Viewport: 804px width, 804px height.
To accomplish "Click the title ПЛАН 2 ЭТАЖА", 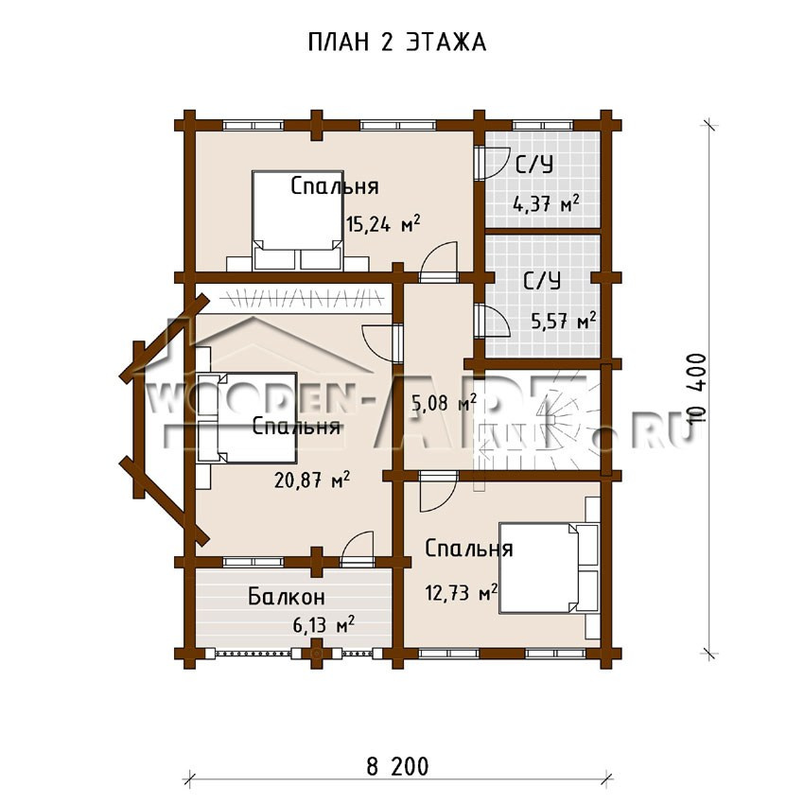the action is click(x=397, y=43).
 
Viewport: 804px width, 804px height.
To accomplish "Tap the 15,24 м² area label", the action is click(x=383, y=223).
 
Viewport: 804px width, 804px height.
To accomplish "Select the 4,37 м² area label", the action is click(x=547, y=203).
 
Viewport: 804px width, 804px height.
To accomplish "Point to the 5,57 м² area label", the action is click(x=564, y=321).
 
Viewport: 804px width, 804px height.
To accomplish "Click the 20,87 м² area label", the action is click(x=312, y=480).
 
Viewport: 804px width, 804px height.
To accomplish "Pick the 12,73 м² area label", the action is click(x=462, y=592).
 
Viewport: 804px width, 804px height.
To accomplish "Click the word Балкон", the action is click(x=286, y=596).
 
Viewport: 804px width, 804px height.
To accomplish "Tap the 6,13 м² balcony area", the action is click(x=323, y=624).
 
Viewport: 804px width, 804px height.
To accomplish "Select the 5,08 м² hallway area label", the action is click(x=444, y=403).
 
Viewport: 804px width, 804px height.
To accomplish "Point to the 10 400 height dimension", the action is click(x=698, y=388).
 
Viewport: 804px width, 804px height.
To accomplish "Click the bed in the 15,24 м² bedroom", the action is click(x=297, y=220).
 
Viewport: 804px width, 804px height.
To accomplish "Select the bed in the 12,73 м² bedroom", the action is click(x=550, y=568).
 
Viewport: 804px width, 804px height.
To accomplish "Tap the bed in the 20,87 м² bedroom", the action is click(x=247, y=417).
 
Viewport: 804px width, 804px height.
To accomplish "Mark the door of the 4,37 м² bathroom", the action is click(x=491, y=163).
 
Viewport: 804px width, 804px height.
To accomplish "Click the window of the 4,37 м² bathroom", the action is click(x=543, y=125).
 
